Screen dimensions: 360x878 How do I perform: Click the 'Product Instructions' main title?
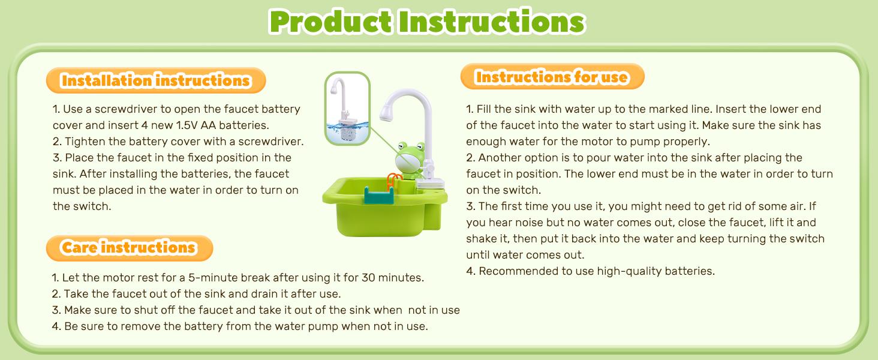point(427,22)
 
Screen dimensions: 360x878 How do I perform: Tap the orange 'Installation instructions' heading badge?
point(155,80)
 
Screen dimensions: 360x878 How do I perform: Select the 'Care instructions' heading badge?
point(129,247)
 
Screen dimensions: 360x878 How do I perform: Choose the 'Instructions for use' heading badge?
point(552,77)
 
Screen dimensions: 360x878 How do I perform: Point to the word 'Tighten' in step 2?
point(84,142)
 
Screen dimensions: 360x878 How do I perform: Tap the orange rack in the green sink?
point(393,180)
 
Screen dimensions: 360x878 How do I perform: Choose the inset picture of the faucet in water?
point(347,109)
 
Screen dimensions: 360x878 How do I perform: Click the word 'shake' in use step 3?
point(482,239)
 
